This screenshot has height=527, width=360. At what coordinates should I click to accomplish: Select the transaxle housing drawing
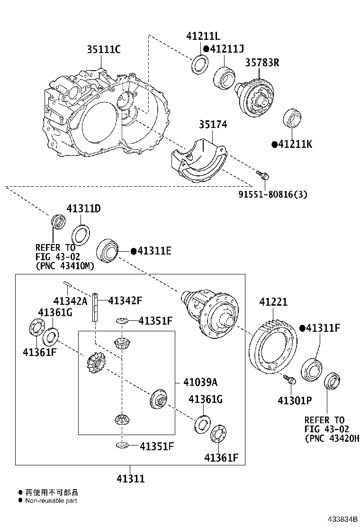[x=104, y=114]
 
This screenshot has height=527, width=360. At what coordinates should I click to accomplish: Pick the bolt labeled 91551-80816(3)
[x=263, y=175]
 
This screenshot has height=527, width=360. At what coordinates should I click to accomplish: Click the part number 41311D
[x=84, y=209]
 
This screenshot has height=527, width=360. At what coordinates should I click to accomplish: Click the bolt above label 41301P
[x=289, y=380]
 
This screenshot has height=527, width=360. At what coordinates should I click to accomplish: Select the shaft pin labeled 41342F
[x=96, y=308]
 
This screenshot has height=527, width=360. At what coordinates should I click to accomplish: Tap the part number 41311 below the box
[x=130, y=479]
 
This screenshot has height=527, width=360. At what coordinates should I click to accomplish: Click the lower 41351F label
[x=156, y=446]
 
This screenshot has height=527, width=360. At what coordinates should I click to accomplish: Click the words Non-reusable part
[x=51, y=500]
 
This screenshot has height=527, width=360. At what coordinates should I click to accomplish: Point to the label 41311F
[x=324, y=328]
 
